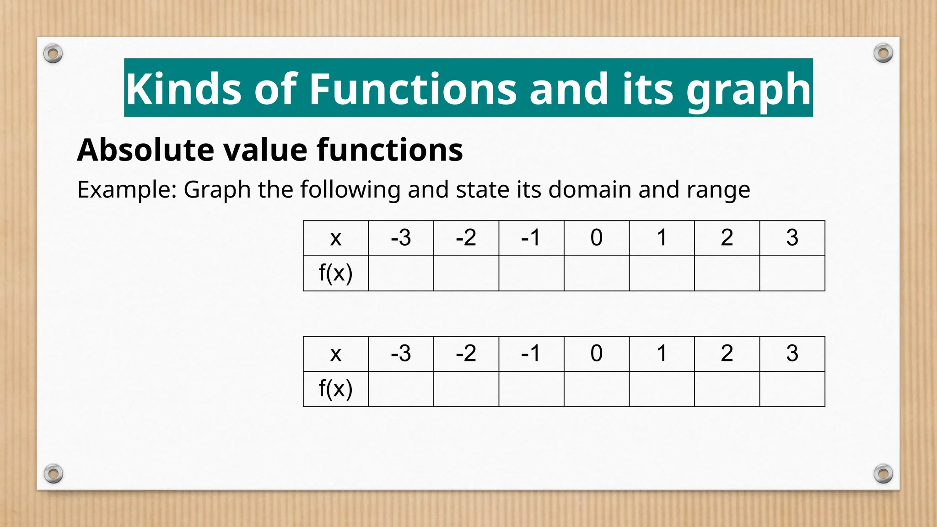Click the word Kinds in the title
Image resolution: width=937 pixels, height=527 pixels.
[x=183, y=89]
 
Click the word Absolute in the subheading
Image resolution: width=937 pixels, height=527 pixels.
[x=145, y=150]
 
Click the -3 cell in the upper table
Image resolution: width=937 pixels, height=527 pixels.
[x=401, y=238]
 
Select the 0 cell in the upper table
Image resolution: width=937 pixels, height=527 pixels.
[x=596, y=238]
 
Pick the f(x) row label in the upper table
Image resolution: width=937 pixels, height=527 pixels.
[x=335, y=273]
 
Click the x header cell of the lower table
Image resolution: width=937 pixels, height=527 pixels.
[x=335, y=354]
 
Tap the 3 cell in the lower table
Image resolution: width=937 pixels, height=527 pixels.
[x=792, y=354]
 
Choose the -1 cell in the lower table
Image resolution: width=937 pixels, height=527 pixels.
[x=531, y=354]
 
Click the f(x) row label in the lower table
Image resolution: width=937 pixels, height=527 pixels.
[x=335, y=389]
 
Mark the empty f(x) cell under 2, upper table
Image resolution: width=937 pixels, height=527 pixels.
[x=727, y=273]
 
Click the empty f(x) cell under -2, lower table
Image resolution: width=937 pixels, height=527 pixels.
[x=466, y=389]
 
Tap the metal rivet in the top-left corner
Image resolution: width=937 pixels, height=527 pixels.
[x=53, y=54]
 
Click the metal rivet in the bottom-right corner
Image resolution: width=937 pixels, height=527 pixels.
[x=883, y=473]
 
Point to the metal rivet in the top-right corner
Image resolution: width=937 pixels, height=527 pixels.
[x=883, y=54]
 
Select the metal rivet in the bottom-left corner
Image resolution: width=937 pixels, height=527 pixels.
[x=53, y=473]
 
